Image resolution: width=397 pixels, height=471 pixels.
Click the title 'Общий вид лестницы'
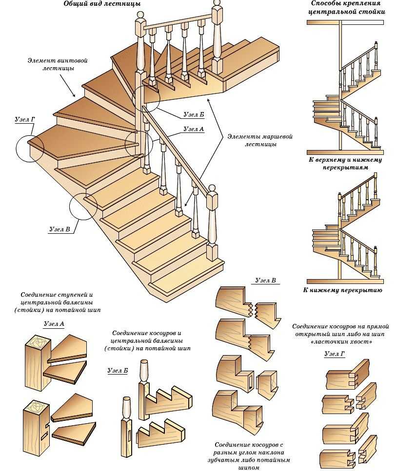tap(102, 4)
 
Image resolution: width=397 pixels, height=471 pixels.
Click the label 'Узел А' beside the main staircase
tap(193, 130)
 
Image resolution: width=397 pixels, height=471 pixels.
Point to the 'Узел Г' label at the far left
tap(24, 118)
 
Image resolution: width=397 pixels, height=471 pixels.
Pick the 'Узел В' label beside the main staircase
tap(60, 229)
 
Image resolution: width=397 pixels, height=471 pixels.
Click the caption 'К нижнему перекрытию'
tap(345, 290)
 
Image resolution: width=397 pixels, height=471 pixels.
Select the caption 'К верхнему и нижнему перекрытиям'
tap(345, 163)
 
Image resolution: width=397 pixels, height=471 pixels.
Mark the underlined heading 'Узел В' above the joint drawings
tap(266, 281)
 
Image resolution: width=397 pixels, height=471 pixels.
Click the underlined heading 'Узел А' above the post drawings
tap(54, 323)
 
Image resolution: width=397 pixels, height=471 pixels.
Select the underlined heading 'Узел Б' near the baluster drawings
tap(118, 371)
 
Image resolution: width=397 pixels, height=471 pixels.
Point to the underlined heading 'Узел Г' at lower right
tap(335, 354)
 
